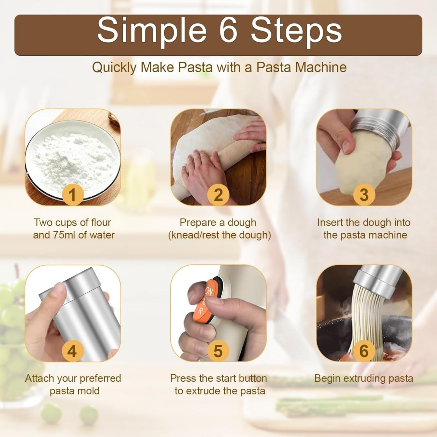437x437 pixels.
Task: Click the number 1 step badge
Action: point(72,195)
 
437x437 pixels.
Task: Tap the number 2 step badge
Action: point(218,195)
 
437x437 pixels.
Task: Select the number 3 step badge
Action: point(364,195)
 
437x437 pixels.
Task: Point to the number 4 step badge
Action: point(72,350)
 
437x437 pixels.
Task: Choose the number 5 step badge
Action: point(218,350)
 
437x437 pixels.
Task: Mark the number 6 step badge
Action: point(364,350)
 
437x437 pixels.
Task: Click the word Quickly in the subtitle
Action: point(114,68)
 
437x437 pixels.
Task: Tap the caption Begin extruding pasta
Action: point(364,378)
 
